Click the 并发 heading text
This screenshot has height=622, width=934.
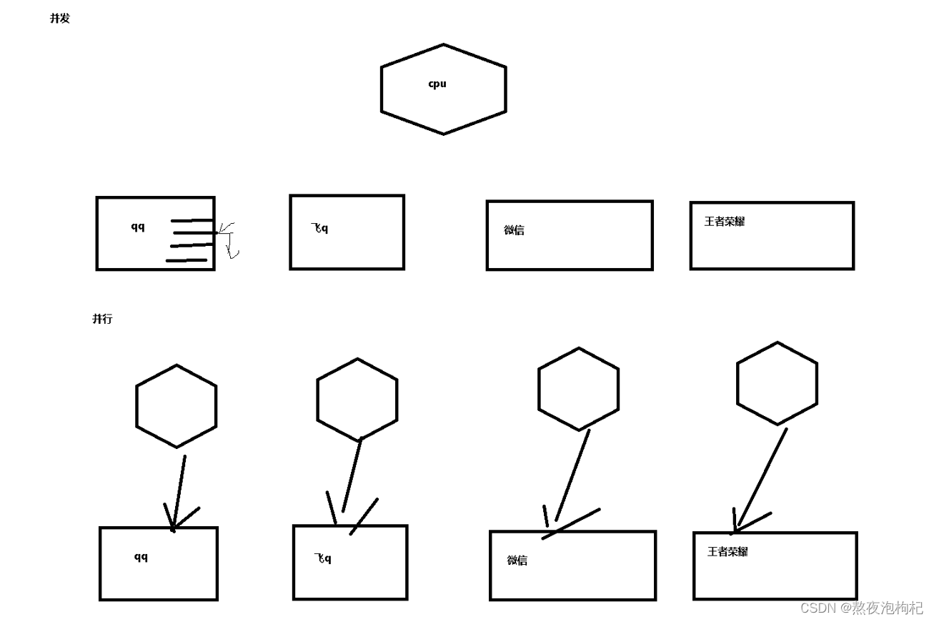coord(60,19)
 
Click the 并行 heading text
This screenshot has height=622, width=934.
coord(102,319)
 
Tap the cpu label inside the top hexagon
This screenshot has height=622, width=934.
coord(437,84)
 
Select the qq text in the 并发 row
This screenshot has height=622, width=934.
coord(138,227)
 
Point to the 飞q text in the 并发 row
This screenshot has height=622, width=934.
coord(320,228)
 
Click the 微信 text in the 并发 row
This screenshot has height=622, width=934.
coord(515,230)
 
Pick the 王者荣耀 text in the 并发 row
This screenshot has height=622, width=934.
coord(725,222)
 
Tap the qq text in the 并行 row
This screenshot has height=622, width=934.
coord(141,557)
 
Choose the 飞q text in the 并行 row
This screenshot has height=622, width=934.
coord(323,558)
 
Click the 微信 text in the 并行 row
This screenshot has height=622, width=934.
coord(517,561)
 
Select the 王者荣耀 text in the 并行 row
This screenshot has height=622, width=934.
coord(727,552)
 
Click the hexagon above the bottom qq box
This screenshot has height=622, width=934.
coord(177,406)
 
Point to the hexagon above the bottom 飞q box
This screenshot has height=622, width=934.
coord(357,400)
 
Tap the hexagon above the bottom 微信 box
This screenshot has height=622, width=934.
coord(578,389)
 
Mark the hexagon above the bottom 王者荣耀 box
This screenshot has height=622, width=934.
coord(777,383)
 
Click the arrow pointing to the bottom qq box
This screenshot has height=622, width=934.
coord(179,493)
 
